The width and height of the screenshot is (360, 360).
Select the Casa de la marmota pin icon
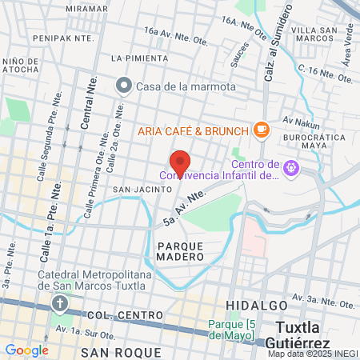[124, 86]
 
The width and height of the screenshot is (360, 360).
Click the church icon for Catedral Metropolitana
[60, 304]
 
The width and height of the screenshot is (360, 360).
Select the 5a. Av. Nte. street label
[183, 207]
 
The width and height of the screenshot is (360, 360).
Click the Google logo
[26, 350]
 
